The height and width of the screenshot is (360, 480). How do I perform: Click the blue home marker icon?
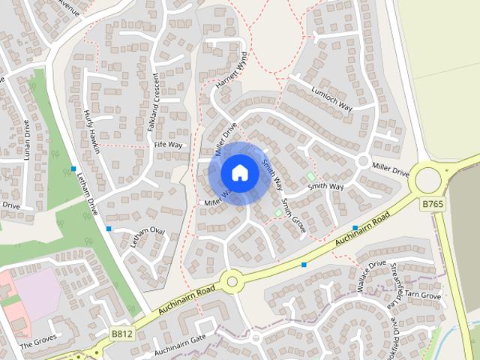point(239,173)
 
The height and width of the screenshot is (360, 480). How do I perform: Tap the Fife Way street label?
point(168,144)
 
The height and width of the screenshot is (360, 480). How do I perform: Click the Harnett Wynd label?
point(231,75)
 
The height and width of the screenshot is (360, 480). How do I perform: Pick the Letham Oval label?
point(146,239)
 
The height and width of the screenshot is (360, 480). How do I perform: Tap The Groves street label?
point(38,343)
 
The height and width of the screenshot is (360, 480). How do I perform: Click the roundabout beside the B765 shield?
point(429,178)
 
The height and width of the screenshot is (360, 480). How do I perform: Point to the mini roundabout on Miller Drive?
point(363,160)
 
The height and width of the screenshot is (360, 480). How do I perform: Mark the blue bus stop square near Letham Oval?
point(109,228)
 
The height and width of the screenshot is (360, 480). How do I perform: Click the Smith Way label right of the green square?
point(325,184)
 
